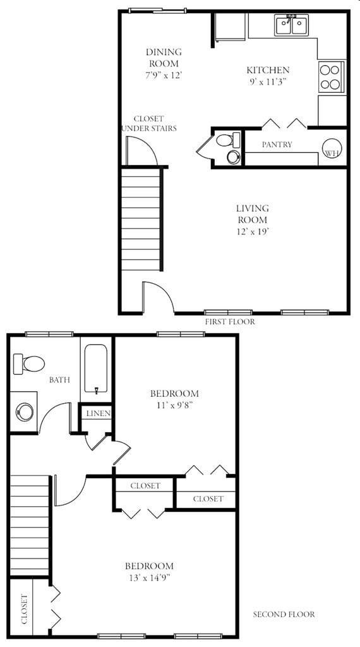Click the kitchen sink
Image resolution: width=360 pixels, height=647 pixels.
[291, 25]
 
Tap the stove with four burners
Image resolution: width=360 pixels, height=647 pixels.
[332, 76]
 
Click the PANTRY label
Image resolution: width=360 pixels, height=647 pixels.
[277, 145]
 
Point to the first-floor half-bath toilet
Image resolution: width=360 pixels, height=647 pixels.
[229, 147]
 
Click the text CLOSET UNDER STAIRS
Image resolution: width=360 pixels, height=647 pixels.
[149, 123]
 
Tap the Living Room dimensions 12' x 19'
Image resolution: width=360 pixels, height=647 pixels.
[252, 231]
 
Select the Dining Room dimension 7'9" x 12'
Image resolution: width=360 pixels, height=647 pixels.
[164, 75]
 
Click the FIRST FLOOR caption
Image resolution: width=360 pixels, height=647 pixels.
[230, 322]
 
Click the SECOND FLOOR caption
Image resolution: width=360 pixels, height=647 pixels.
[284, 614]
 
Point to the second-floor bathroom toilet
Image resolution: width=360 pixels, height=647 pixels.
[30, 363]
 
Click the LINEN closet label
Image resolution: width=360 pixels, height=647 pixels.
[99, 414]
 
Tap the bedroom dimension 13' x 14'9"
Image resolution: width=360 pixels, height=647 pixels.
[149, 577]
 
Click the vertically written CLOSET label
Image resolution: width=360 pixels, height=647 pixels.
[24, 609]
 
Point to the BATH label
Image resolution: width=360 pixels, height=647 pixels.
[59, 380]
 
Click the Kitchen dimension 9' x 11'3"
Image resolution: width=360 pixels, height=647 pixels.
[268, 82]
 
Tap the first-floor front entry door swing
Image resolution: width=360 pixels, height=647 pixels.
[157, 298]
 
